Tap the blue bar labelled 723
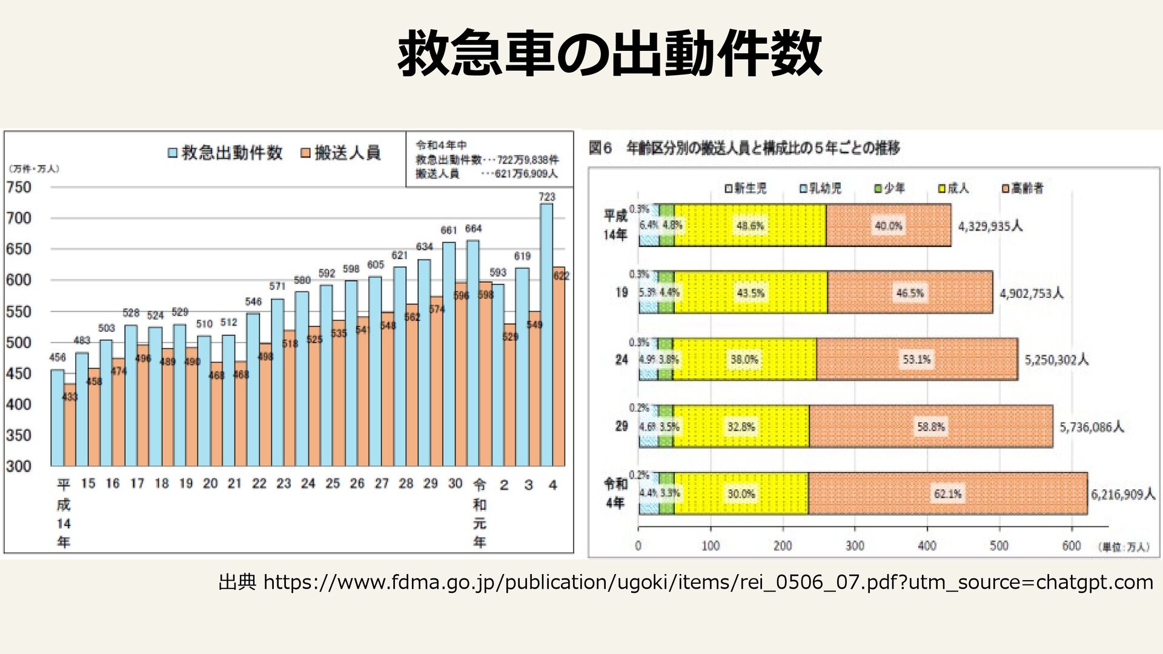point(546,333)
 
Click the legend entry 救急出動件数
point(225,153)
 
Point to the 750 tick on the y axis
point(19,188)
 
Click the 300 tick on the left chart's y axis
point(19,466)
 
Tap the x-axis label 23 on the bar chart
point(283,484)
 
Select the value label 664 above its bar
point(473,229)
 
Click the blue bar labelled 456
point(58,418)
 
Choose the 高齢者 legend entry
point(1022,189)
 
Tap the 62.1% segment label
point(947,494)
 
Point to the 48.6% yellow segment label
point(750,226)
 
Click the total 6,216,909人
point(1123,495)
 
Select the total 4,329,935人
point(990,226)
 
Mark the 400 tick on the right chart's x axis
point(927,546)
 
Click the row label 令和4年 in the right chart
point(615,493)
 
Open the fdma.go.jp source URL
point(708,583)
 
